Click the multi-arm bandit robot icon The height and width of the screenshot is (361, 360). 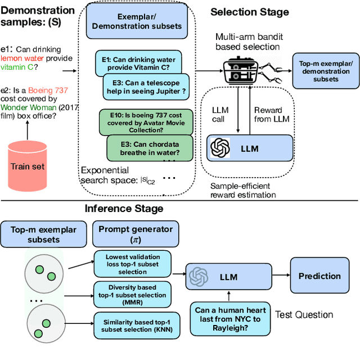pos(245,71)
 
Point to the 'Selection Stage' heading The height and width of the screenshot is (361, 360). pos(250,11)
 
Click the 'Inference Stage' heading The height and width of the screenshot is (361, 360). pos(124,209)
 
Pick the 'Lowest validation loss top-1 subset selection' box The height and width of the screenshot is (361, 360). pos(133,265)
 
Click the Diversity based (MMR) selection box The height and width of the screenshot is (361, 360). pos(133,293)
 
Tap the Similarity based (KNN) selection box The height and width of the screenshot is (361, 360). pos(133,323)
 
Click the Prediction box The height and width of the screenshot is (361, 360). pos(319,276)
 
